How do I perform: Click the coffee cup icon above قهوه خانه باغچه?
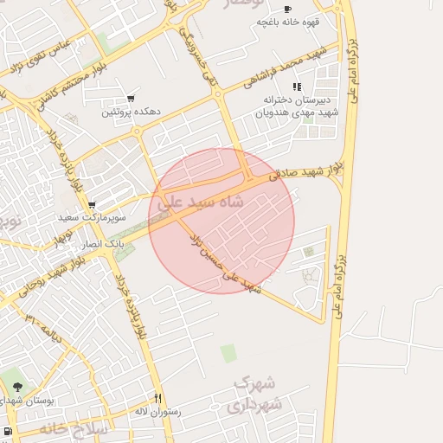click(x=288, y=9)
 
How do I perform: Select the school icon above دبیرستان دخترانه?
click(x=297, y=87)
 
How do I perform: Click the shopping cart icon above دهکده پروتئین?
click(x=131, y=99)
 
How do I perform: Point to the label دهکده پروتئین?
click(x=129, y=112)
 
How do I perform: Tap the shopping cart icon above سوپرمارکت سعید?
click(x=91, y=205)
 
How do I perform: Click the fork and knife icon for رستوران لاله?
click(x=157, y=398)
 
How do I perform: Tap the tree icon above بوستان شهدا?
click(x=18, y=387)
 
